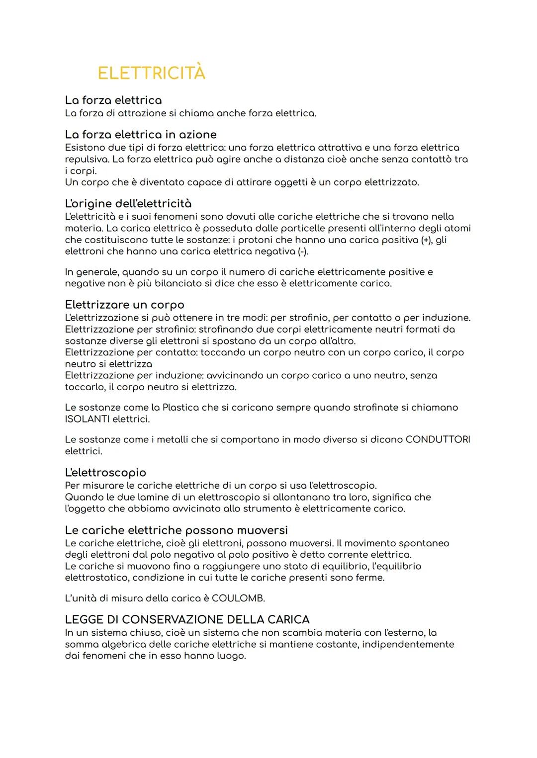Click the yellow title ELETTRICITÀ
[151, 73]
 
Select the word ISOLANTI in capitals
[87, 419]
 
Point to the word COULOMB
[238, 598]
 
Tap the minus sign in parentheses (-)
[302, 252]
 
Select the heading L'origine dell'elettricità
[128, 204]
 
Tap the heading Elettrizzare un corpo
[124, 305]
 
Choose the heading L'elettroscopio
[105, 472]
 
